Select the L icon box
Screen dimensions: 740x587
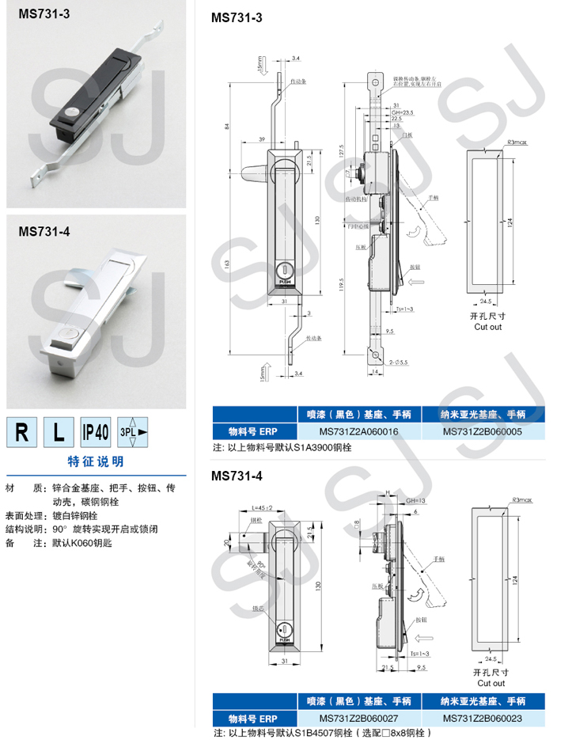click(x=59, y=432)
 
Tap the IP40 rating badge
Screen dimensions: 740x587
click(x=96, y=432)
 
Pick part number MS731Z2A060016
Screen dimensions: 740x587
click(x=358, y=432)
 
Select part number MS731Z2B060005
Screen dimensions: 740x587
click(x=483, y=432)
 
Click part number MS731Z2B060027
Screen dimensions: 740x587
click(x=358, y=718)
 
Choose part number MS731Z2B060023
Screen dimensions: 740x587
click(x=483, y=718)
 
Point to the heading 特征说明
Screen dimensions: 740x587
click(x=96, y=461)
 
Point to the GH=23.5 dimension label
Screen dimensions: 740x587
click(x=403, y=112)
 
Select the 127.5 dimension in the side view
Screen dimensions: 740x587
click(x=342, y=150)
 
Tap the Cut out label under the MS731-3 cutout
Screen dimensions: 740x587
click(x=488, y=326)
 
